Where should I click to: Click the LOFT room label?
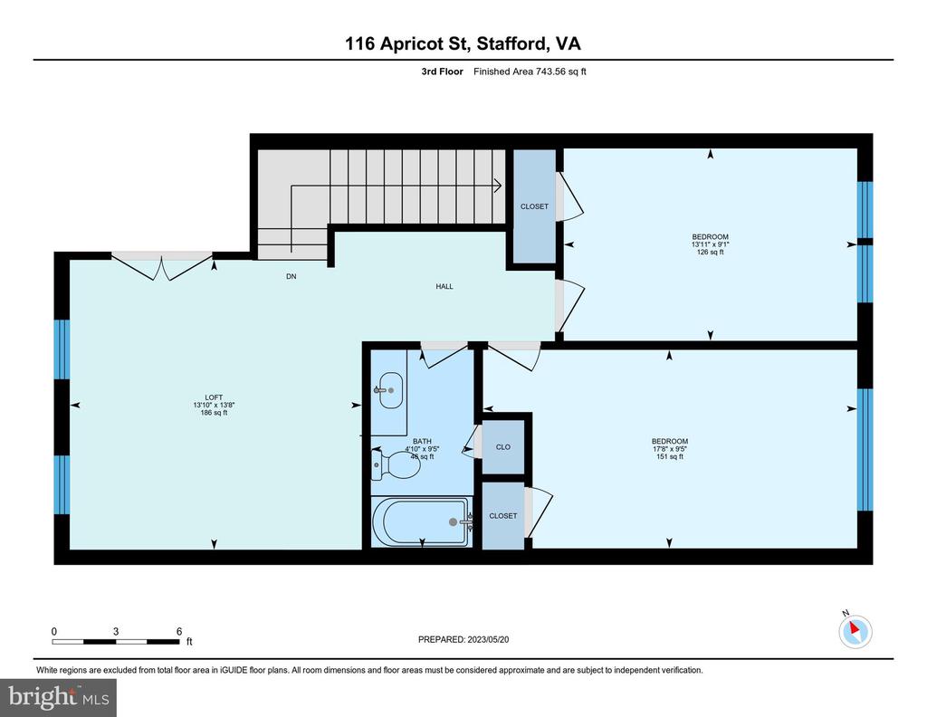(x=214, y=397)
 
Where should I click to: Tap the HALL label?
(x=444, y=286)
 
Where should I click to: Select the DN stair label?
(x=291, y=276)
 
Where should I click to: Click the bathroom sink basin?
(x=390, y=390)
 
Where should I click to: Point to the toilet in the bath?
(x=395, y=464)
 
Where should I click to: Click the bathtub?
(x=422, y=522)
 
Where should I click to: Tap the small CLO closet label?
(x=503, y=447)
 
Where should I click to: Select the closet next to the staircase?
(x=534, y=206)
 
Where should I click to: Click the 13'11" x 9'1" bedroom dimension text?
(x=710, y=244)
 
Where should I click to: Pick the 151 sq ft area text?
(x=670, y=456)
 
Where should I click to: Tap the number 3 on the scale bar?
(x=116, y=631)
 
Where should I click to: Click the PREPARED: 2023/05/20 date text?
(x=463, y=639)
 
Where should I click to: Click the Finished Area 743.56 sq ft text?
(x=530, y=72)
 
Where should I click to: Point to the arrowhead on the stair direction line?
(x=499, y=186)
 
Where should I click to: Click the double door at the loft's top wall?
(x=162, y=265)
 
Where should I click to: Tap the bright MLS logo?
(x=58, y=697)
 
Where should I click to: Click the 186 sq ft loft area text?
(x=214, y=413)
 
